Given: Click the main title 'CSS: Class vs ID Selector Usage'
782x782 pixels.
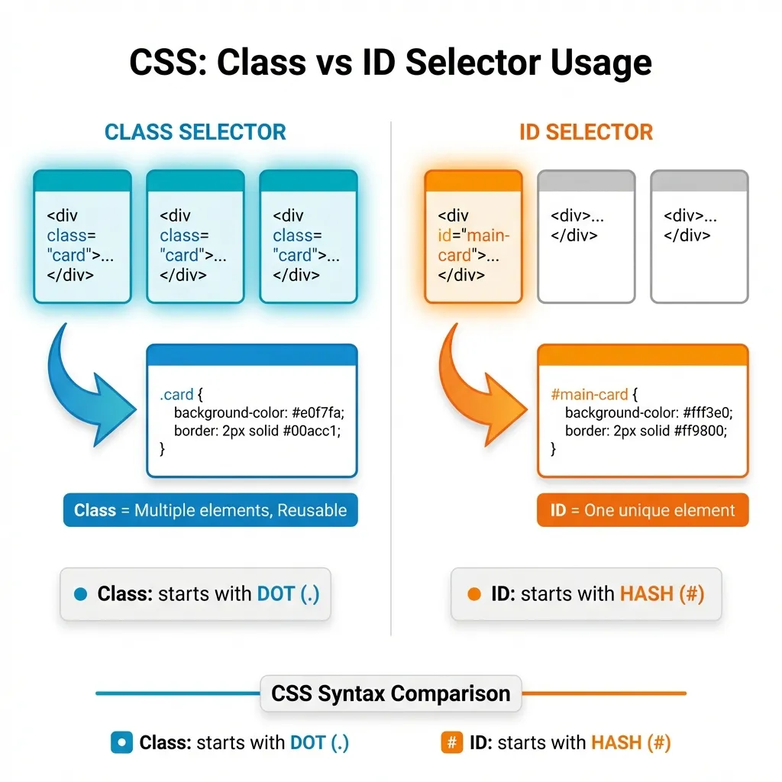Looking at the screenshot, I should pos(390,63).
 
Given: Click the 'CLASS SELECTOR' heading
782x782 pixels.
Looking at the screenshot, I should pos(195,131).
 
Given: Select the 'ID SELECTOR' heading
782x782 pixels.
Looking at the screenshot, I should pos(586,131).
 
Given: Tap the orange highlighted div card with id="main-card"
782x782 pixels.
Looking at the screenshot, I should pos(473,237).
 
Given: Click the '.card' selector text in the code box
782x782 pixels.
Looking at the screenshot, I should pos(176,395).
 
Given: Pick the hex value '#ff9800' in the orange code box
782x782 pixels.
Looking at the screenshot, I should pos(700,431).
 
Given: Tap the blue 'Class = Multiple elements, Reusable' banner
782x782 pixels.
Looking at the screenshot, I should pos(210,510).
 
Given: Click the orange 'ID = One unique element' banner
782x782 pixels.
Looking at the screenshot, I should pos(642,510).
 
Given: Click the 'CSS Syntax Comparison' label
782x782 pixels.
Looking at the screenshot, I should pos(390,693).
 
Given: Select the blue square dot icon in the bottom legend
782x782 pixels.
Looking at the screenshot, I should pos(121,742).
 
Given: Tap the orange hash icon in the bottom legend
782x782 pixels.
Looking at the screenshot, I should pos(452,742).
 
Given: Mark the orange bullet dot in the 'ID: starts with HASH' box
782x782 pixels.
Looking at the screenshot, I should pos(473,594).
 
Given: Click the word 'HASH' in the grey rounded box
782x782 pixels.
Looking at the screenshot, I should pos(646,594).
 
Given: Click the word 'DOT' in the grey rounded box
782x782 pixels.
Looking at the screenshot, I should pos(275,594).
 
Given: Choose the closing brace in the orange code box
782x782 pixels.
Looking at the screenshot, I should pos(553,449).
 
